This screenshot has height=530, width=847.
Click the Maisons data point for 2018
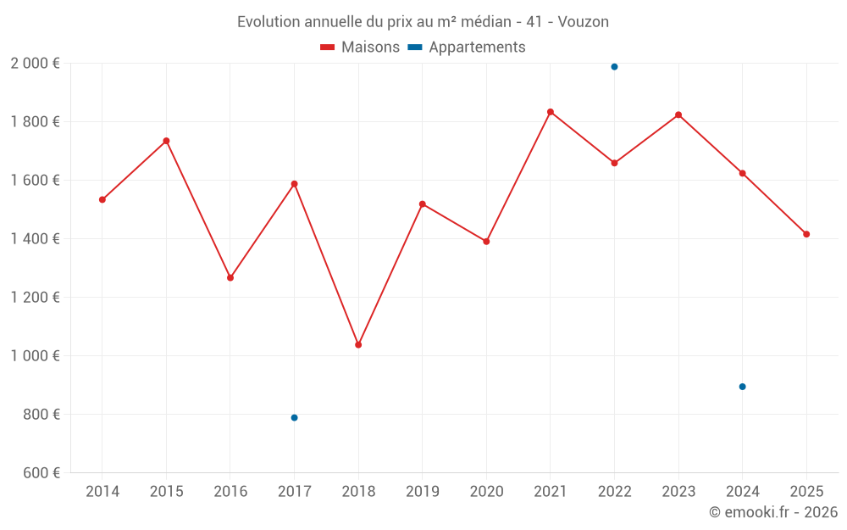(x=358, y=344)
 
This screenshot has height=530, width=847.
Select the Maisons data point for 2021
(x=551, y=112)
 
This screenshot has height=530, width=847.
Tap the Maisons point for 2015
(x=166, y=141)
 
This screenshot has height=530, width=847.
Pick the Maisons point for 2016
(x=230, y=277)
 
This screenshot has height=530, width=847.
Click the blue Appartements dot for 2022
(x=614, y=67)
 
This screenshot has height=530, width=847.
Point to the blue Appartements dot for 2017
(x=294, y=417)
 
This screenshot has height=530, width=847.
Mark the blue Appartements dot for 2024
(x=742, y=387)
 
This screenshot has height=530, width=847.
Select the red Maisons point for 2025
(x=806, y=234)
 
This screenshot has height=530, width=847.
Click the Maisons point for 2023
(x=678, y=114)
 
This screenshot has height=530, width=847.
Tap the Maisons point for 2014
(x=102, y=199)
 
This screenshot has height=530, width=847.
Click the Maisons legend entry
(x=360, y=47)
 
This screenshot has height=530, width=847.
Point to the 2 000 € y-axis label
(x=35, y=64)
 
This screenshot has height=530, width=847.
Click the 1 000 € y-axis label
(x=35, y=356)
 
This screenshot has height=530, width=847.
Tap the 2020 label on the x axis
(x=486, y=492)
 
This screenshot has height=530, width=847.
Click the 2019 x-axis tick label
(x=423, y=492)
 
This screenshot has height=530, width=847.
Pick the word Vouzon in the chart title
(x=584, y=22)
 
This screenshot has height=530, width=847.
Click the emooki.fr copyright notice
(x=772, y=512)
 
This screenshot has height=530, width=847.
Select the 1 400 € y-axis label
(x=35, y=239)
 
